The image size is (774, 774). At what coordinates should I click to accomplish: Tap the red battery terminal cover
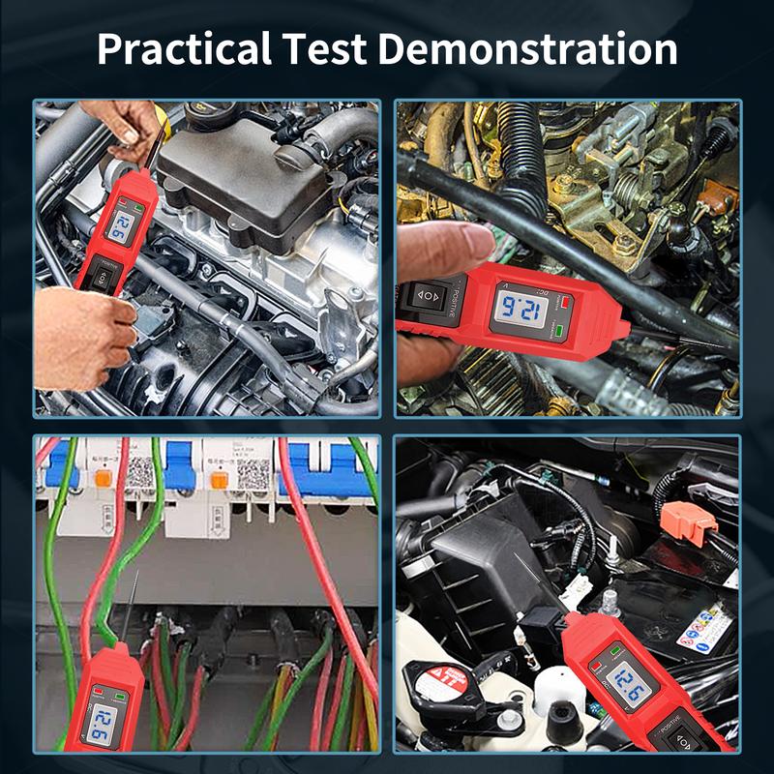coord(690,523)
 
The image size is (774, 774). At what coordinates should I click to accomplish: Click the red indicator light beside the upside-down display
coord(564,301)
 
